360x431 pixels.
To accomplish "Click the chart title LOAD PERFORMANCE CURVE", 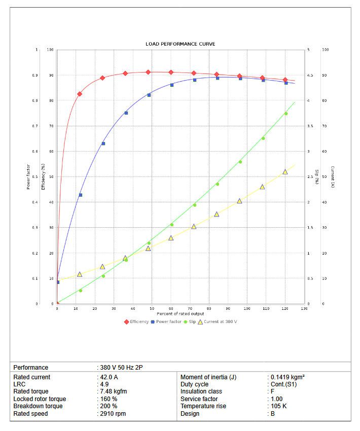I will [180, 44].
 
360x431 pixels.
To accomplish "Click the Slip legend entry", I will [192, 321].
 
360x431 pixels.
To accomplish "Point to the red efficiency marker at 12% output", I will [80, 94].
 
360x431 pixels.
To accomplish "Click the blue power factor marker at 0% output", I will [57, 282].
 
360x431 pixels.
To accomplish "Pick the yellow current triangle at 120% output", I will [285, 172].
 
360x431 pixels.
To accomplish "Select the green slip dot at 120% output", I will [285, 114].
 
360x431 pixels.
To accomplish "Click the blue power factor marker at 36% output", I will [126, 113].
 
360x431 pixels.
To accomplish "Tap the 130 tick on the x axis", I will [304, 308].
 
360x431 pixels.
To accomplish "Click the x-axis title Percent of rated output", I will [180, 314].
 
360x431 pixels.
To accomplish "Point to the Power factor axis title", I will [28, 176].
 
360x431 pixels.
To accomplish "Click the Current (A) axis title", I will [332, 176].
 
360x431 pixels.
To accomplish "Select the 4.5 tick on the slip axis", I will [310, 75].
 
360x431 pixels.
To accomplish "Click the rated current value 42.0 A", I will [110, 377].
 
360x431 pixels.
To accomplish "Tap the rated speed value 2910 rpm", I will [113, 414].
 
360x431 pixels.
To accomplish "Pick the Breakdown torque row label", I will [38, 406].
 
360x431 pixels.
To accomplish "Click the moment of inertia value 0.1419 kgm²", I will [287, 377].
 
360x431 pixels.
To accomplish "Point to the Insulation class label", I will [201, 391].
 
